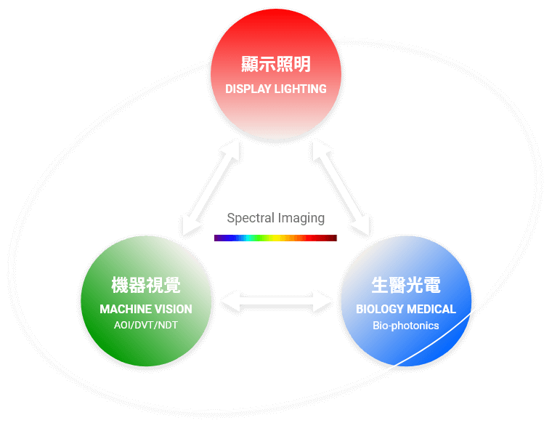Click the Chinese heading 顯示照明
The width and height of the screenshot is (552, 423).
[276, 64]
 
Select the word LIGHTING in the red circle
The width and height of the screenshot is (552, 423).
[300, 89]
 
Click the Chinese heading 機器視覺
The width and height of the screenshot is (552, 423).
[146, 285]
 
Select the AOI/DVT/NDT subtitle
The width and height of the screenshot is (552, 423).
[146, 325]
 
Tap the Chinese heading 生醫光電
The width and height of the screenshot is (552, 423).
[406, 285]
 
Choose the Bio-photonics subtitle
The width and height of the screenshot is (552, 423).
[406, 326]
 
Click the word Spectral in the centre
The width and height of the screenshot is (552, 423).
[251, 217]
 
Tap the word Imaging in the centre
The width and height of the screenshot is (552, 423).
[301, 218]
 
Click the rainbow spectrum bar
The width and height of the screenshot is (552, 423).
[276, 238]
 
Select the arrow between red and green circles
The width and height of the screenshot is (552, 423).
[211, 188]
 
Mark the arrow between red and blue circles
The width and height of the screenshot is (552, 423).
[341, 188]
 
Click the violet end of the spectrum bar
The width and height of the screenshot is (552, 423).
[215, 238]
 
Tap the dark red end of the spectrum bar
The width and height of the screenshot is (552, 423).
[336, 238]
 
